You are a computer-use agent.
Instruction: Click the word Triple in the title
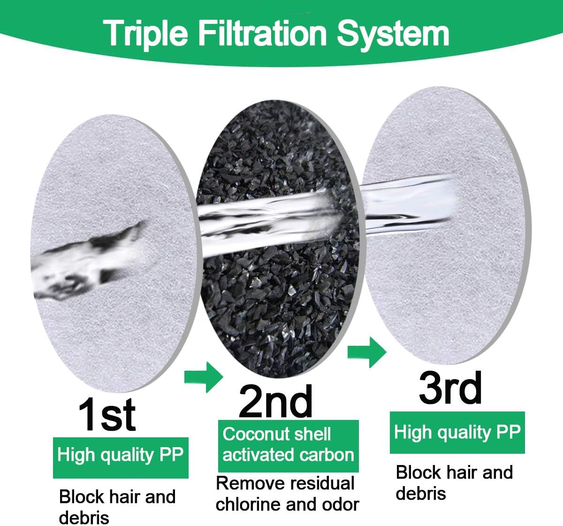coord(145,35)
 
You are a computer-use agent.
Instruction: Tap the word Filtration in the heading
coord(263,33)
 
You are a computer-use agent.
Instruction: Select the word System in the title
coord(393,35)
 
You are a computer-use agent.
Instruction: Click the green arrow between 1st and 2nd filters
coord(204,377)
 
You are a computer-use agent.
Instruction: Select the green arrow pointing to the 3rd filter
coord(367,352)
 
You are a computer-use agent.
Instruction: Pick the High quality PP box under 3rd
coord(457,433)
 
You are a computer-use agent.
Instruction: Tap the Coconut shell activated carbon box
coord(289,446)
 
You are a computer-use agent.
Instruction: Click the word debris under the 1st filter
coord(84,518)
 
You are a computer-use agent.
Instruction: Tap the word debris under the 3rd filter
coord(421,493)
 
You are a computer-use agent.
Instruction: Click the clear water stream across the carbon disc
coord(276,220)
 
